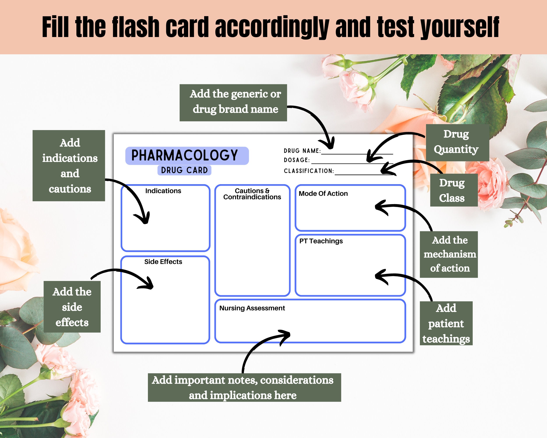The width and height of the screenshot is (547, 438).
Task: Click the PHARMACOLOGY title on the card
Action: point(184,155)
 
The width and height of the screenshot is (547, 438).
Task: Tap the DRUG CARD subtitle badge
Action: point(184,170)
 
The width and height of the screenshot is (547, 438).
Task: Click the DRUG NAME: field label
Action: point(302,151)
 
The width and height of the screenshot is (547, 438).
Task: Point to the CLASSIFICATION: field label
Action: point(309,171)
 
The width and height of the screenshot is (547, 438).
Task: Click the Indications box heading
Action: point(163,191)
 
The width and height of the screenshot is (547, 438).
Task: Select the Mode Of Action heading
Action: point(323,193)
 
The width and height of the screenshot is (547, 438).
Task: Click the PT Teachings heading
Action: point(321,241)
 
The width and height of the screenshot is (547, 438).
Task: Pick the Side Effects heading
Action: point(163,262)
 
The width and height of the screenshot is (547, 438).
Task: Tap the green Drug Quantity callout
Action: point(457,142)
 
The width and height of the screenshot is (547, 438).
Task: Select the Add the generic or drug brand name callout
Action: point(233,102)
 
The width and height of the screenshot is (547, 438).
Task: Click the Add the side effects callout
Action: point(72,307)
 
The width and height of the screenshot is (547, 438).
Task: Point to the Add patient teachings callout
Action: point(446,323)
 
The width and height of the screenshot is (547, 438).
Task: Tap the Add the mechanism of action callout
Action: point(449,254)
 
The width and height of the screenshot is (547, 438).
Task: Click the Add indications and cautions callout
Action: point(69,166)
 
